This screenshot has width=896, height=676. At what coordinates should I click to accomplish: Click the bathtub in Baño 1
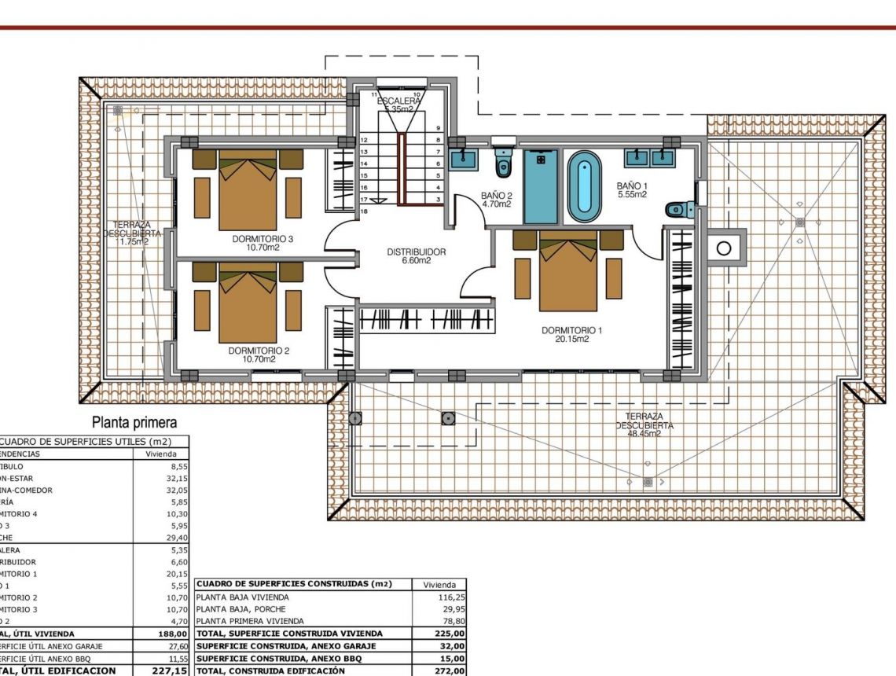pyautogui.click(x=583, y=186)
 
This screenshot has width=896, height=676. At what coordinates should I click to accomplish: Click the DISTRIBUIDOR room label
pyautogui.click(x=416, y=252)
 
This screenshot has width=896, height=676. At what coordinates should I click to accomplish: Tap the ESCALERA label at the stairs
pyautogui.click(x=398, y=101)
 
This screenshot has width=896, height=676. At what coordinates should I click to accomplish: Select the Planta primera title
pyautogui.click(x=134, y=423)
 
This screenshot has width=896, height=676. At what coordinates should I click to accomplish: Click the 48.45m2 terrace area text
pyautogui.click(x=644, y=433)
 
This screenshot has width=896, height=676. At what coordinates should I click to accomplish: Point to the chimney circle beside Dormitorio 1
pyautogui.click(x=725, y=249)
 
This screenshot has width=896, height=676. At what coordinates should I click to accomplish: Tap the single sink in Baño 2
pyautogui.click(x=464, y=159)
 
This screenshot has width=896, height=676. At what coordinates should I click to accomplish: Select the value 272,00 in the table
pyautogui.click(x=450, y=670)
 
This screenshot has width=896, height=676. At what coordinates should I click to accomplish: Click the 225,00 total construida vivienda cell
pyautogui.click(x=450, y=634)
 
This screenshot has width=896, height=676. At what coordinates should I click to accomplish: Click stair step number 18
pyautogui.click(x=364, y=212)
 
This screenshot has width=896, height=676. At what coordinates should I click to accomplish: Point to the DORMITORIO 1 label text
pyautogui.click(x=571, y=330)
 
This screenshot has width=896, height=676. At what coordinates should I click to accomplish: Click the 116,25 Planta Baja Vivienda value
pyautogui.click(x=450, y=597)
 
